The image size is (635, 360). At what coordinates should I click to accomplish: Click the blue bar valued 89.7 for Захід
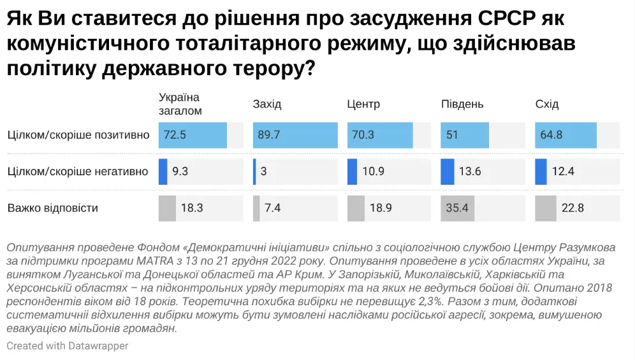(295, 135)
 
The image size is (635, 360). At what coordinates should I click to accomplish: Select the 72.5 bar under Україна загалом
(193, 135)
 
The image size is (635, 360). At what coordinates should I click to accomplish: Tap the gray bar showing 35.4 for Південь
(457, 208)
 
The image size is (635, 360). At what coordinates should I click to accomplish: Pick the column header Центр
(363, 104)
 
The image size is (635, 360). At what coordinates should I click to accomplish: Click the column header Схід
(547, 104)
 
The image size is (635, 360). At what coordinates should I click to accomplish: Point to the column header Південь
(462, 104)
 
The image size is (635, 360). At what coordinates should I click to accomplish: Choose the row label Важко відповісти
(53, 208)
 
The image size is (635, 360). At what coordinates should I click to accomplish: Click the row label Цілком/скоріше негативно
(78, 171)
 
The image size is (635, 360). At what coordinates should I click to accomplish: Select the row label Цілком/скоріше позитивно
(78, 135)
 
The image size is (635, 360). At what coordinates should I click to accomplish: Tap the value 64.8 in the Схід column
(551, 135)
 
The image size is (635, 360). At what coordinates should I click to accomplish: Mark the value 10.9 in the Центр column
(374, 171)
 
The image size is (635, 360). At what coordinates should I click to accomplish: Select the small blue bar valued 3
(254, 171)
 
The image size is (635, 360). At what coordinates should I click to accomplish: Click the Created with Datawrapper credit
(68, 346)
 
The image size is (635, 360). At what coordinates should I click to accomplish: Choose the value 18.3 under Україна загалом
(192, 208)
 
